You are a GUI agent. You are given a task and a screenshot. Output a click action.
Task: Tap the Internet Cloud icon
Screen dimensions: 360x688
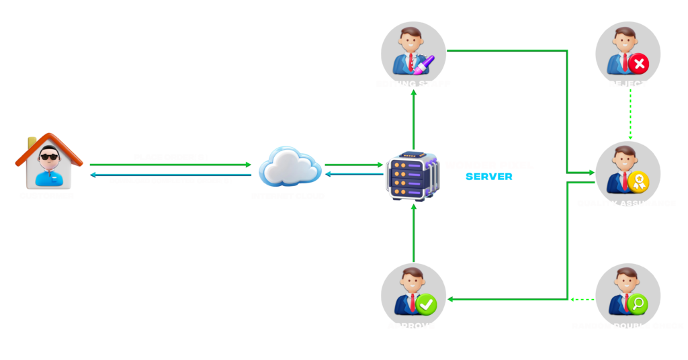pyautogui.click(x=289, y=166)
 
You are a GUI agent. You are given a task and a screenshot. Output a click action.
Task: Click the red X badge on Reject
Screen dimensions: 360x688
pyautogui.click(x=638, y=64)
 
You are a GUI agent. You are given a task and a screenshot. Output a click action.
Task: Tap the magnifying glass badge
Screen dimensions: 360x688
pyautogui.click(x=638, y=304)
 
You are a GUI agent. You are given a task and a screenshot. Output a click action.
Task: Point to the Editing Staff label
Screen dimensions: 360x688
pyautogui.click(x=413, y=84)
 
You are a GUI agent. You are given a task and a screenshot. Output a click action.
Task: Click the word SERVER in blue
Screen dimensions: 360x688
pyautogui.click(x=488, y=177)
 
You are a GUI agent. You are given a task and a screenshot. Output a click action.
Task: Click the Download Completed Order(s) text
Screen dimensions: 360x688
pyautogui.click(x=171, y=181)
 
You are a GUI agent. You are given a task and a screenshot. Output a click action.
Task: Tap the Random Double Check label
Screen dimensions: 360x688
pyautogui.click(x=628, y=326)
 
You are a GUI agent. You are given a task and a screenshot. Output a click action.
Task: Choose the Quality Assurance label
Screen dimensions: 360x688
pyautogui.click(x=626, y=203)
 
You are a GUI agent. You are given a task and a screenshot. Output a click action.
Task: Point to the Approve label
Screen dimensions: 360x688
pyautogui.click(x=411, y=326)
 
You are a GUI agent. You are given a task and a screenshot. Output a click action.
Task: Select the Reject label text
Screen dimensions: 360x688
pyautogui.click(x=628, y=84)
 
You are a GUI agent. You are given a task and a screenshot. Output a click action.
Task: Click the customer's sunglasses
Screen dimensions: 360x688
pyautogui.click(x=48, y=158)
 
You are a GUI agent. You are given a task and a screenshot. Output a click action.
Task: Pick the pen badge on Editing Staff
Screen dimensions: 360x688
pyautogui.click(x=425, y=64)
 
